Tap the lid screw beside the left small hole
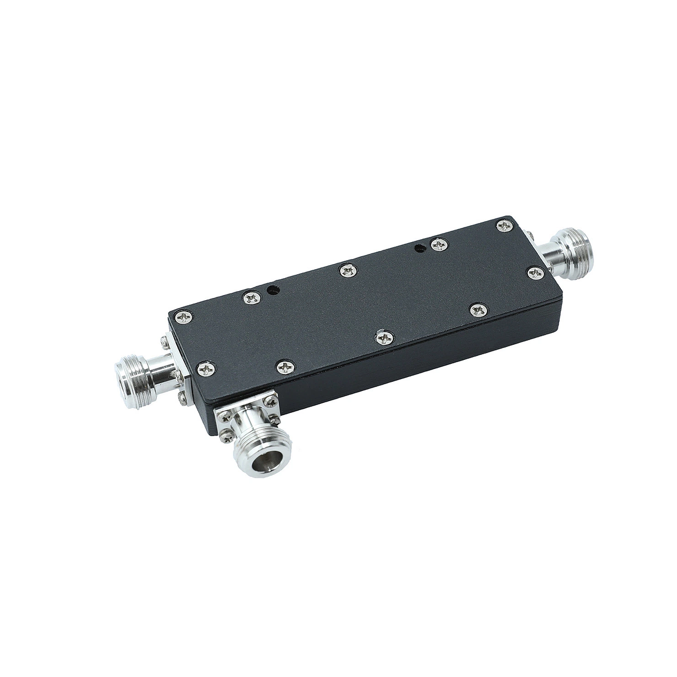pyautogui.click(x=249, y=297)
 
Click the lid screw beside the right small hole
pyautogui.click(x=438, y=244)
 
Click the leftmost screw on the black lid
pyautogui.click(x=183, y=318)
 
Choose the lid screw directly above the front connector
pyautogui.click(x=284, y=367)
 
